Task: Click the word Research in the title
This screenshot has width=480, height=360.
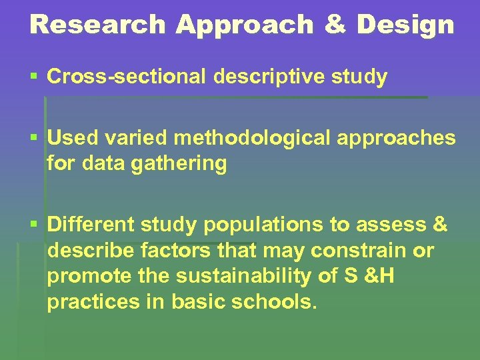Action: click(97, 25)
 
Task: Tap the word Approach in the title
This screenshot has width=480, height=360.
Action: click(245, 25)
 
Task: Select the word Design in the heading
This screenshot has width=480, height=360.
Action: click(405, 25)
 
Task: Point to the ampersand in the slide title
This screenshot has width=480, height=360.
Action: click(335, 25)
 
